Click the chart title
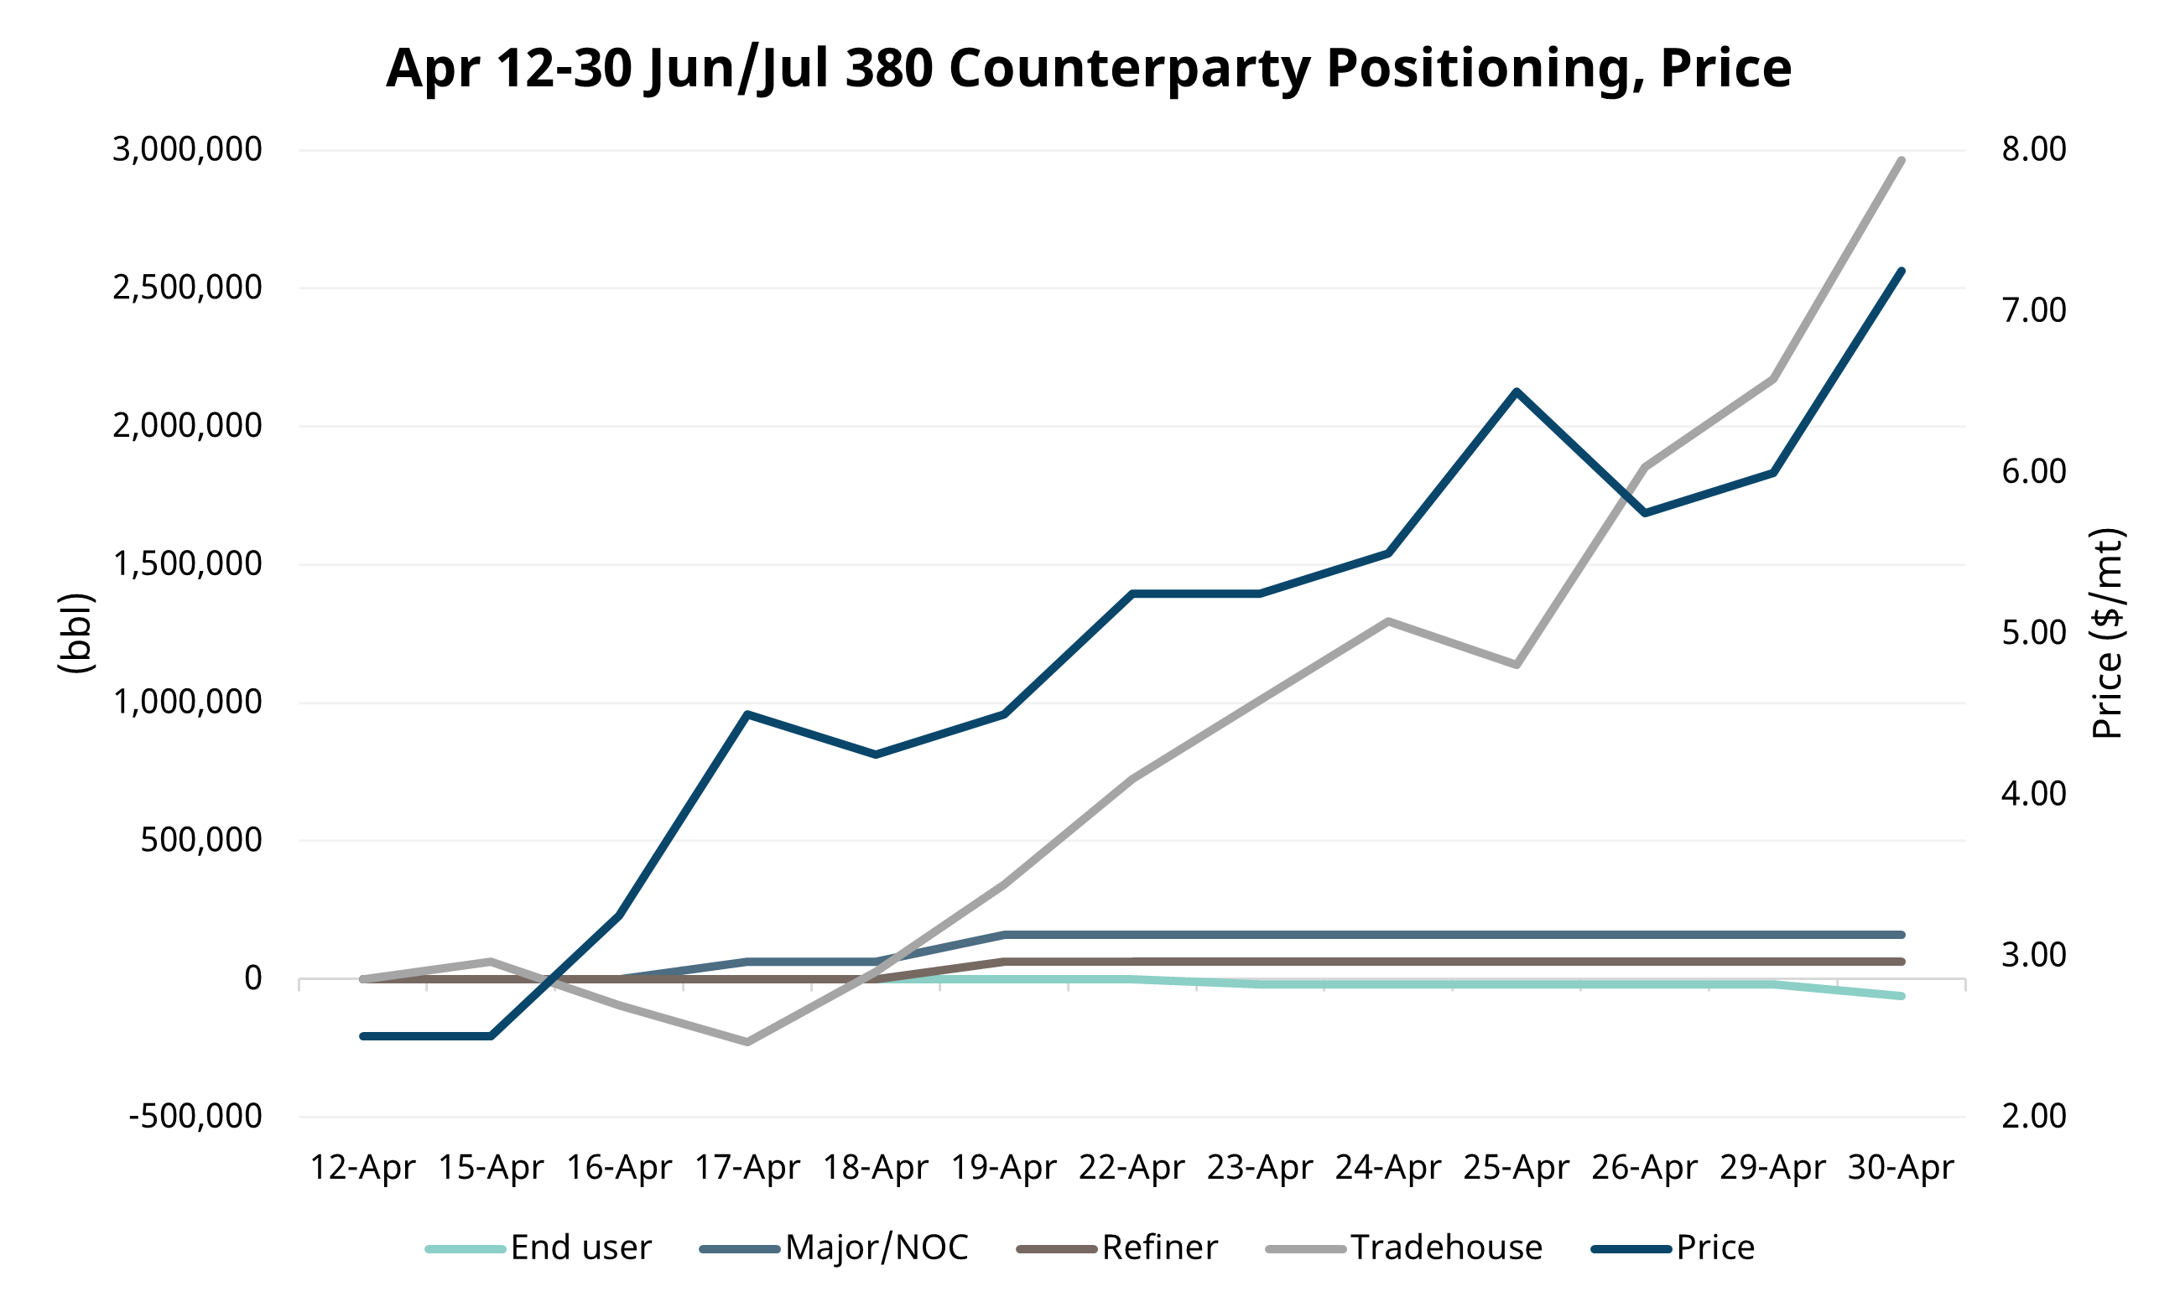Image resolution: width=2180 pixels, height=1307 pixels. (x=1088, y=68)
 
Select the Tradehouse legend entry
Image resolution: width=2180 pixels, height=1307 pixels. (x=1446, y=1248)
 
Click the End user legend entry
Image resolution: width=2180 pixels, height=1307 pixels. (x=580, y=1248)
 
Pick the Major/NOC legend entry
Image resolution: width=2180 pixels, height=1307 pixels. (x=876, y=1248)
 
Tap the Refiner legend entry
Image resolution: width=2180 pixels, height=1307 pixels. (x=1158, y=1248)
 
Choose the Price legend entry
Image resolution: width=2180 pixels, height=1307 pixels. (x=1714, y=1248)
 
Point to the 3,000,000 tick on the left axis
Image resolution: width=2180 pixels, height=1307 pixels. (x=187, y=150)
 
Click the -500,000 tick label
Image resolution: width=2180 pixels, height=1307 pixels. (x=195, y=1116)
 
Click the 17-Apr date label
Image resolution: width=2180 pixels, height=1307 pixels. (x=747, y=1168)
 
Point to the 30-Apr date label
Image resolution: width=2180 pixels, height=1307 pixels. (x=1901, y=1168)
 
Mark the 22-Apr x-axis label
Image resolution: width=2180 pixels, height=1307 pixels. (x=1132, y=1168)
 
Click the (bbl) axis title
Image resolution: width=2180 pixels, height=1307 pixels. (x=75, y=633)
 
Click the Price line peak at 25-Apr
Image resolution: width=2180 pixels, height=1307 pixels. (x=1517, y=391)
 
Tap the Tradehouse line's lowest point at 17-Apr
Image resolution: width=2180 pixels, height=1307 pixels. (x=747, y=1042)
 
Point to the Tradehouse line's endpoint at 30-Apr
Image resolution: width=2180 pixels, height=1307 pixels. (x=1902, y=160)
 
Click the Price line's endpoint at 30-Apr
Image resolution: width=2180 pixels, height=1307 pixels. (x=1902, y=272)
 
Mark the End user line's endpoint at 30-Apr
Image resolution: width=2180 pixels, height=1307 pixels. (x=1902, y=996)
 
